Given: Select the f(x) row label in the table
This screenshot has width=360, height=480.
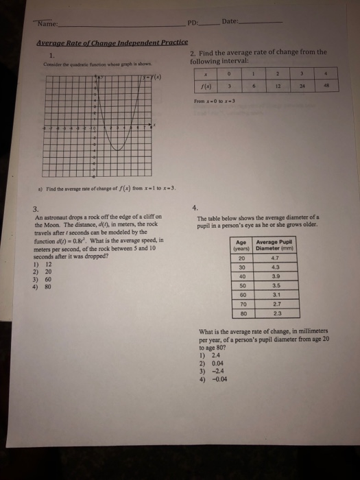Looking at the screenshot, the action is point(206,86).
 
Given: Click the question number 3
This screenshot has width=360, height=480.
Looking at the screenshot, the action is point(36,209).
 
